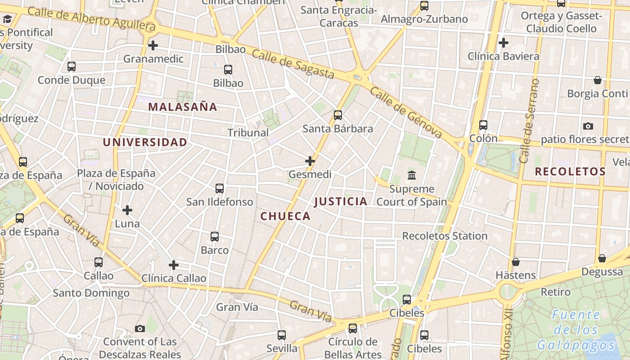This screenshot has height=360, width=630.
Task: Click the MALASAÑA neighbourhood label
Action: pyautogui.click(x=183, y=107)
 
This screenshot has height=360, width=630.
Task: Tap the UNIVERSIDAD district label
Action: pyautogui.click(x=145, y=143)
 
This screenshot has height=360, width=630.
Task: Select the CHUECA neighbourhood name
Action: pyautogui.click(x=285, y=216)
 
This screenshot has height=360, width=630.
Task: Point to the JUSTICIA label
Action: pyautogui.click(x=341, y=202)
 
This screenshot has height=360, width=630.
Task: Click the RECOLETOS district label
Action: pyautogui.click(x=570, y=171)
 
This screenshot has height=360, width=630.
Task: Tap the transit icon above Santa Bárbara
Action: pyautogui.click(x=338, y=115)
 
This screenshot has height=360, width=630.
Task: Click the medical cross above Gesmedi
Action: pyautogui.click(x=310, y=161)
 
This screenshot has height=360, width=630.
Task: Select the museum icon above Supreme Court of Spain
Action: pyautogui.click(x=412, y=175)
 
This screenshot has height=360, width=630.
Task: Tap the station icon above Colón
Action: pyautogui.click(x=483, y=125)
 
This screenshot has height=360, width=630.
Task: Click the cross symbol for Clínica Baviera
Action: pyautogui.click(x=504, y=43)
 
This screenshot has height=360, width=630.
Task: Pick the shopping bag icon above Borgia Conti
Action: pyautogui.click(x=598, y=80)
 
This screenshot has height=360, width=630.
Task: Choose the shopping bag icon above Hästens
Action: pyautogui.click(x=516, y=262)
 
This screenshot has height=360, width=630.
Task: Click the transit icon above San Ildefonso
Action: pyautogui.click(x=220, y=189)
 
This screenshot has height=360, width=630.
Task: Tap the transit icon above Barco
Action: pyautogui.click(x=215, y=236)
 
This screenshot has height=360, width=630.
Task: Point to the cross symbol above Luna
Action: pyautogui.click(x=127, y=210)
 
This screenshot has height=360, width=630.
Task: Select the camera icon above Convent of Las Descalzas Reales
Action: pyautogui.click(x=140, y=328)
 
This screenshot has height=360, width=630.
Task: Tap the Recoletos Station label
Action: pyautogui.click(x=445, y=236)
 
